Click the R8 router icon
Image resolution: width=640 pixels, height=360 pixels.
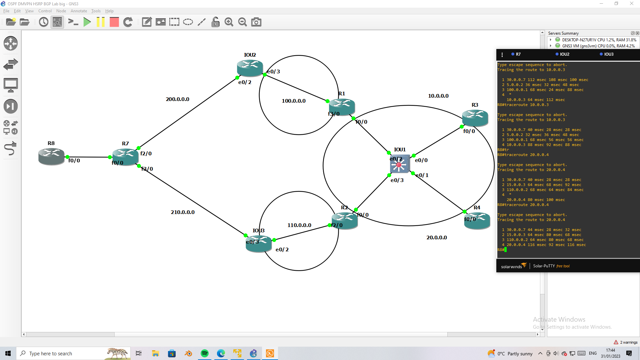[x=51, y=157]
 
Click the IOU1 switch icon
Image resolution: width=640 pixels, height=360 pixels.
[x=399, y=164]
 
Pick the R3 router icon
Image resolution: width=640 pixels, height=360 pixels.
[x=475, y=117]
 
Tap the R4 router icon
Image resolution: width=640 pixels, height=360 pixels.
[x=477, y=221]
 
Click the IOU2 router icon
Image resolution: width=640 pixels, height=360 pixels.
[x=250, y=68]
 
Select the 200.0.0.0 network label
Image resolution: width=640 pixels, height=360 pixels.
[x=177, y=99]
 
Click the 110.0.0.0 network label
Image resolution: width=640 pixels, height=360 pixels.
[x=299, y=225]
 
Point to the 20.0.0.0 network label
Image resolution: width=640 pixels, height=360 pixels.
[x=437, y=238]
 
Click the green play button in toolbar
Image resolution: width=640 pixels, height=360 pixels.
[x=87, y=22]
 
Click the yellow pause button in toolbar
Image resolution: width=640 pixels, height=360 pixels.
[x=100, y=22]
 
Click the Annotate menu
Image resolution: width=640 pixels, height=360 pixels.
[x=79, y=11]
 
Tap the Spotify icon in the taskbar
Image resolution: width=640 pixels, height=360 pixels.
[x=205, y=353]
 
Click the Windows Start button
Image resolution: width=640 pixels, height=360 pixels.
[x=8, y=353]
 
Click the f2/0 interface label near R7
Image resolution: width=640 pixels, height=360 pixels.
[x=146, y=154]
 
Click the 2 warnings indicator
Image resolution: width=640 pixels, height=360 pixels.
[x=626, y=342]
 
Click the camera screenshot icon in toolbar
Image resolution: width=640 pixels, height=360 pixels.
[x=256, y=22]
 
